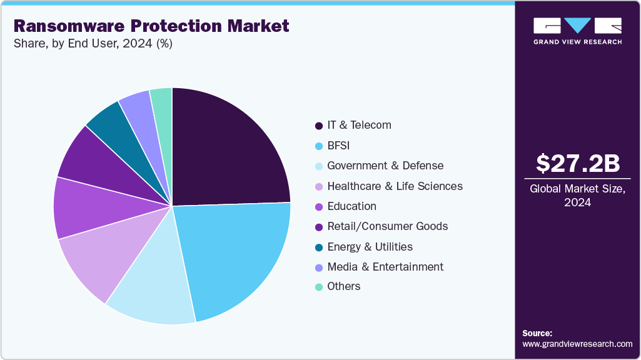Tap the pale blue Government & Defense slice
156,287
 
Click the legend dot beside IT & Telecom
319,126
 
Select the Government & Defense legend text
385,166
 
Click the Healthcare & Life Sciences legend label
395,186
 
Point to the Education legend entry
351,206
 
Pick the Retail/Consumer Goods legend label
387,226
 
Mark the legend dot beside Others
319,287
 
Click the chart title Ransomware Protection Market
151,26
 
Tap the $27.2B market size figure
577,163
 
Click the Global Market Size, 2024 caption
577,196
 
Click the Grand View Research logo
577,31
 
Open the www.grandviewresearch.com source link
577,344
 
